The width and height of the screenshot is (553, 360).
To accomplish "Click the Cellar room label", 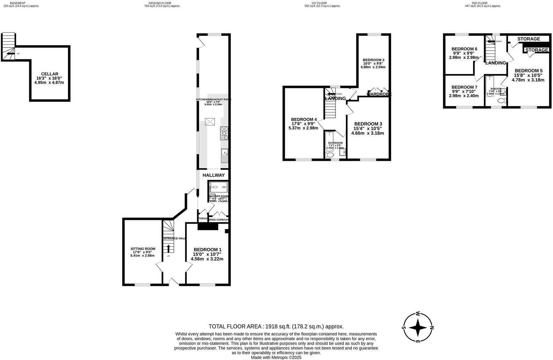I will pyautogui.click(x=50, y=74).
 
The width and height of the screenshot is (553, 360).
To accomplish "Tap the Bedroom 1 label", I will pyautogui.click(x=207, y=249).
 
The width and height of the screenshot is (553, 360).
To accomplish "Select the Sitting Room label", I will pyautogui.click(x=143, y=249).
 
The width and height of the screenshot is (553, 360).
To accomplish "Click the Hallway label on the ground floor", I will pyautogui.click(x=214, y=175).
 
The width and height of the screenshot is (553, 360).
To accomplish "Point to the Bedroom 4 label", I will pyautogui.click(x=304, y=119).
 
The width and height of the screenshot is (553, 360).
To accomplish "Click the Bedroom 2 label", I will pyautogui.click(x=374, y=60).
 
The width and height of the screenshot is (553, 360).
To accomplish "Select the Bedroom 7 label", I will pyautogui.click(x=464, y=87).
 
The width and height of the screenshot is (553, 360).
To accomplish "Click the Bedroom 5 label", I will pyautogui.click(x=528, y=70).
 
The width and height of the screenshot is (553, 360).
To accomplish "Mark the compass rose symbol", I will pyautogui.click(x=418, y=327).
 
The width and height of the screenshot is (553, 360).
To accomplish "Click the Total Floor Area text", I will pyautogui.click(x=276, y=327).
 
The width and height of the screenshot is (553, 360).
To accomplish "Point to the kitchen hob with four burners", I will pyautogui.click(x=224, y=133).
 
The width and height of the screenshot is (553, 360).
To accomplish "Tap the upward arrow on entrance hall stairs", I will pyautogui.click(x=168, y=248).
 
